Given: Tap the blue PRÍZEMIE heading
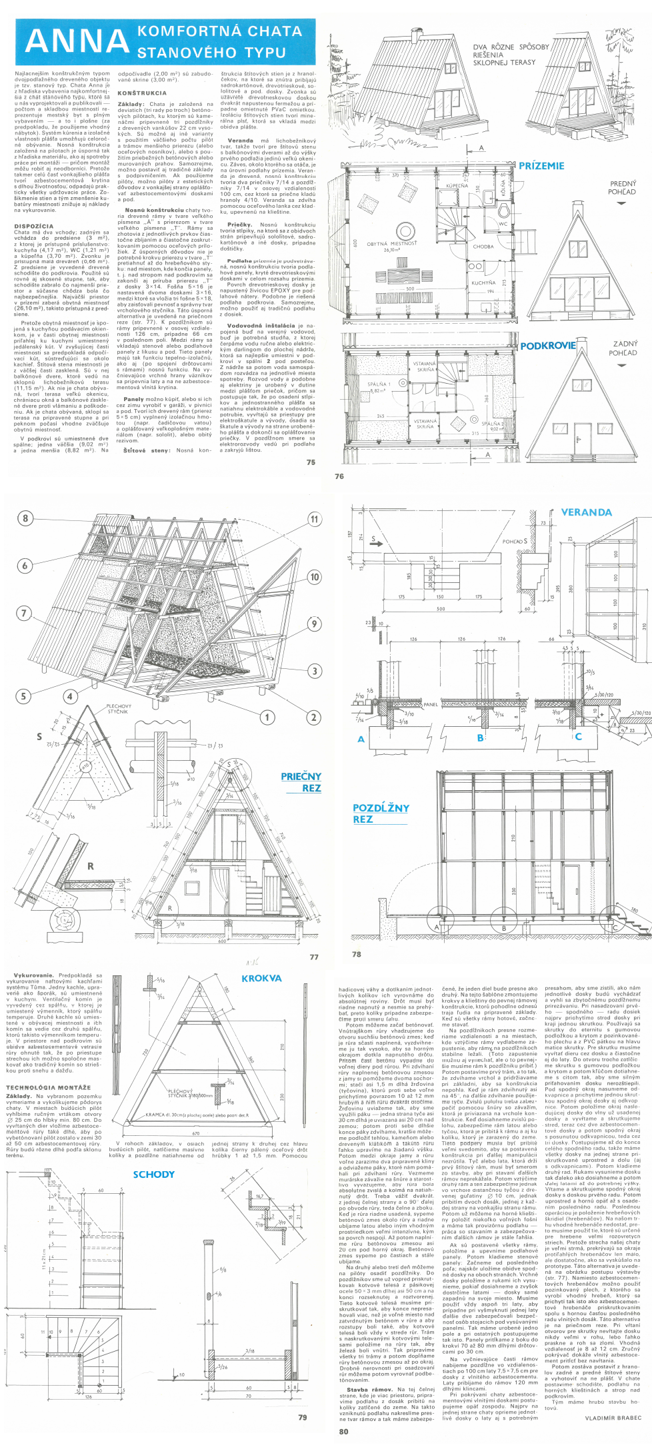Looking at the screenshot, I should [x=541, y=166].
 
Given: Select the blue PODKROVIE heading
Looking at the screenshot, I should [x=548, y=346].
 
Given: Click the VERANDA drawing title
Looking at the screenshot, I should [x=586, y=512].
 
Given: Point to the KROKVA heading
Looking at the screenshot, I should [x=261, y=979].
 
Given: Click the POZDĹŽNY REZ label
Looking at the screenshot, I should [x=381, y=813].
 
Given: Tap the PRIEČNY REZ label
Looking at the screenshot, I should [x=301, y=782].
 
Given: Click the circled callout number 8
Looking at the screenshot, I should [x=25, y=518].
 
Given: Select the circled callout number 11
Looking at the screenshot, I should [x=314, y=519].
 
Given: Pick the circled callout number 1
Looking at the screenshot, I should [x=267, y=717].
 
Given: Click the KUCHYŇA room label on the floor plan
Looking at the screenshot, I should [x=483, y=282].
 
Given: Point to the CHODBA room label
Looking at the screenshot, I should [x=483, y=246].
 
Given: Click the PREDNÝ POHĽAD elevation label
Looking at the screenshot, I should [x=622, y=188].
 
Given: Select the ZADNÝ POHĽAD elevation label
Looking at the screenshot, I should [x=625, y=348].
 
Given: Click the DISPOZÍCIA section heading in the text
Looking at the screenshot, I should [x=34, y=227].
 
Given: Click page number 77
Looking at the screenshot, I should [x=314, y=957].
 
